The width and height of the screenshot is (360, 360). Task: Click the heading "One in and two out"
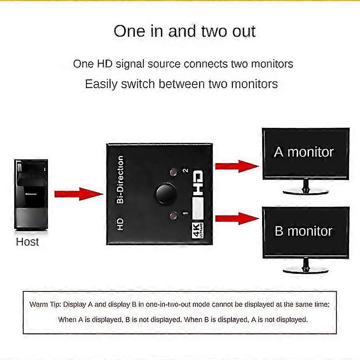pos(184,31)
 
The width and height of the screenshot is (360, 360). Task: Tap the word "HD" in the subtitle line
pos(102,64)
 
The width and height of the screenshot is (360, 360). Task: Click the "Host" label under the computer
pos(27,242)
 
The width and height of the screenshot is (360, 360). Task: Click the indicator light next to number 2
pos(173,172)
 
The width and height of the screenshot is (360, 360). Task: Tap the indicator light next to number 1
pos(173,216)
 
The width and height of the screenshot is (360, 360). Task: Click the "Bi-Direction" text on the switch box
pos(120,180)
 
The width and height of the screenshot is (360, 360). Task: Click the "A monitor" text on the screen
pos(304,152)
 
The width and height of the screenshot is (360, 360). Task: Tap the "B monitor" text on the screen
pos(304,231)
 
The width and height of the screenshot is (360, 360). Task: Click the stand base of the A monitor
pos(306,192)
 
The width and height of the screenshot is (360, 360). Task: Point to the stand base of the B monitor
pos(306,270)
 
